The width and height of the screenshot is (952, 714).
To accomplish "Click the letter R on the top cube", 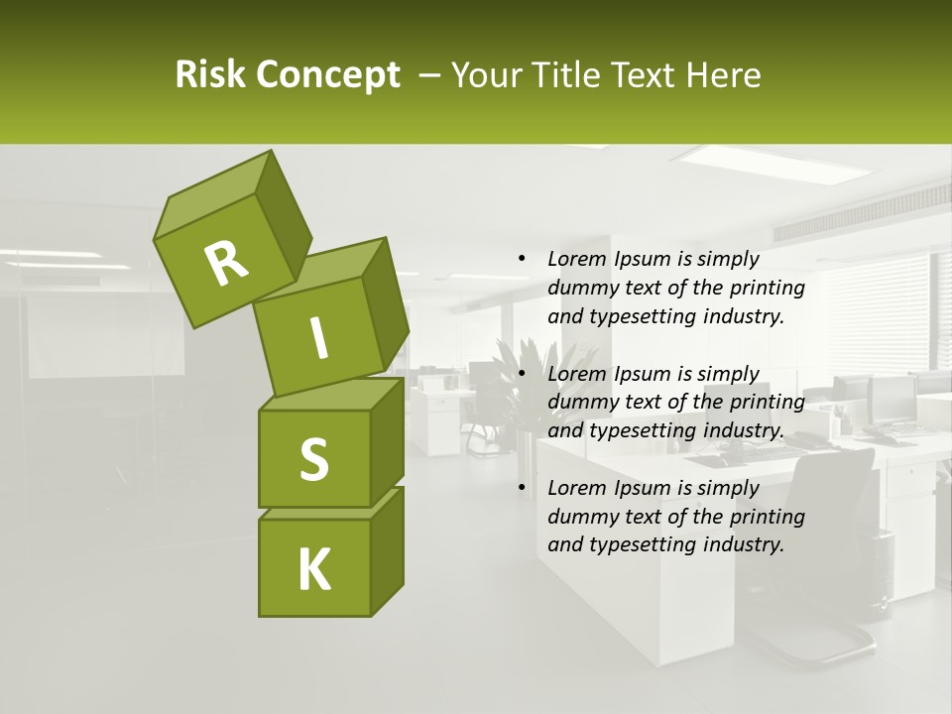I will (x=226, y=263).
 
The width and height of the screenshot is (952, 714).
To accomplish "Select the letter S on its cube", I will (x=313, y=459).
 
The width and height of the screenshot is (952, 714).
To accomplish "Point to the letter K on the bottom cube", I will (x=313, y=570).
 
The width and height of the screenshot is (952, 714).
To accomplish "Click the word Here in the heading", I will (x=726, y=75).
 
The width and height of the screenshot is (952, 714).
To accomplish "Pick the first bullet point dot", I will (x=522, y=259).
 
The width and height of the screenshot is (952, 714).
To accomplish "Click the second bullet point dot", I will (x=522, y=374).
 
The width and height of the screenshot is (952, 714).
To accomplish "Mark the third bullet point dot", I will (x=522, y=488).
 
